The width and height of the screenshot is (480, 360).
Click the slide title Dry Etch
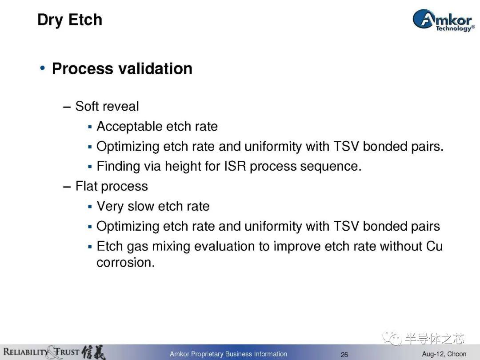point(70,20)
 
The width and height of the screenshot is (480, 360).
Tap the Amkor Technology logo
point(444,20)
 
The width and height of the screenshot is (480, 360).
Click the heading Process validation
point(122,68)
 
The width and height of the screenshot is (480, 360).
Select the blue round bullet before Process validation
point(43,68)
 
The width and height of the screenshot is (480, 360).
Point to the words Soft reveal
point(107,106)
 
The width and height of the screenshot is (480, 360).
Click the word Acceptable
point(128,126)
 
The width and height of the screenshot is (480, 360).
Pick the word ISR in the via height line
point(235,166)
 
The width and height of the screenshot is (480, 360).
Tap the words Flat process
point(112,186)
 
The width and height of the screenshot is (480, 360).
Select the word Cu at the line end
point(434,246)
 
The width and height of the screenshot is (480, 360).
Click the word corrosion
point(125,262)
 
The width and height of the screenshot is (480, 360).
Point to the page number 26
point(344,355)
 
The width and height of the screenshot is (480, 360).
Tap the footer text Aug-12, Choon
point(444,354)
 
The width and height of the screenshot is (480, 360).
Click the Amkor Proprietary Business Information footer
point(228,354)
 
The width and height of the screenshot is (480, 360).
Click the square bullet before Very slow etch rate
point(90,207)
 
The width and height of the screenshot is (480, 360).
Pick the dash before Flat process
point(67,187)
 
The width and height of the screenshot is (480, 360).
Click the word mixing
point(171,247)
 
